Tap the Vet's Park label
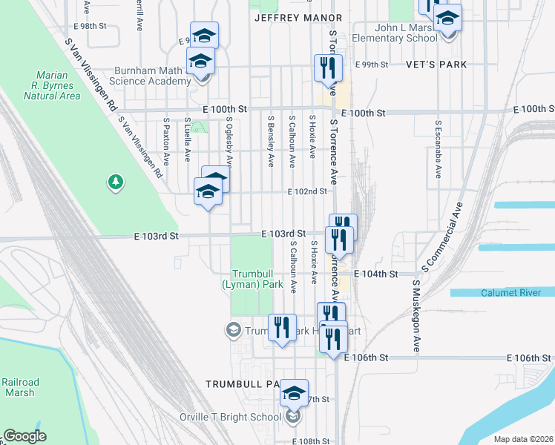click(x=436, y=65)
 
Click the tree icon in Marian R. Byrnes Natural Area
click(x=115, y=182)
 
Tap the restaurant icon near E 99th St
click(x=327, y=69)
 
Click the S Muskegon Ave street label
click(x=416, y=314)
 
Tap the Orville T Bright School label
click(x=231, y=417)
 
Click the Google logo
click(x=24, y=436)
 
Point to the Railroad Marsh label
click(x=19, y=387)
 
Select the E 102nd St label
click(x=308, y=191)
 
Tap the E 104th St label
click(x=373, y=274)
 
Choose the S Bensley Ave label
click(x=271, y=140)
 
